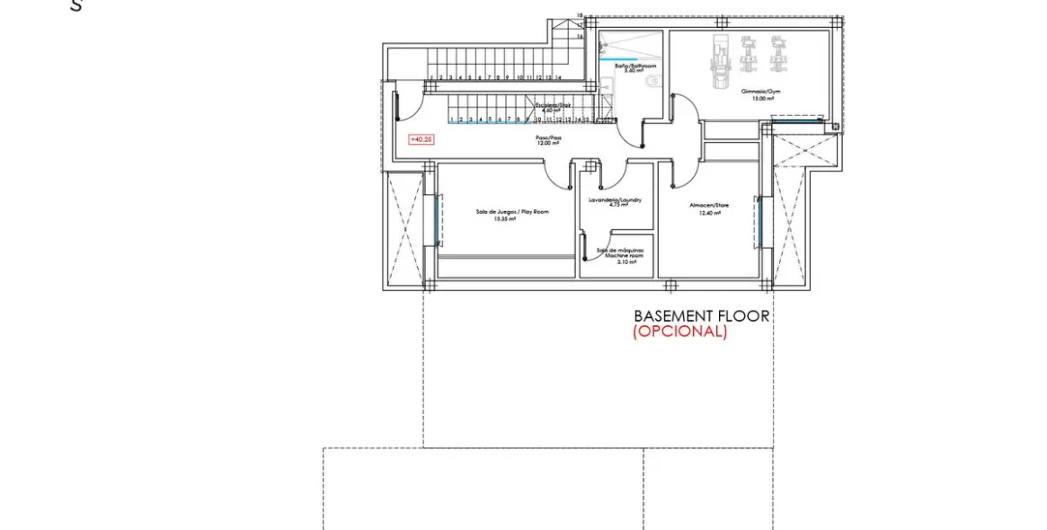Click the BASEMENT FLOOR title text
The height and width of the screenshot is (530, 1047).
point(702,316)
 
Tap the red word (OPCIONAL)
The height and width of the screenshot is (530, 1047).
point(679,331)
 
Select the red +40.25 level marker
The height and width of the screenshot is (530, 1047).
point(421,139)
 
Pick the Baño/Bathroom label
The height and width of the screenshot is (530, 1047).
point(635,66)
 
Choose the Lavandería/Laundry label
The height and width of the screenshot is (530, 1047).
point(615,199)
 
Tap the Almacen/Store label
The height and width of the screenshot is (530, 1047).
point(710,205)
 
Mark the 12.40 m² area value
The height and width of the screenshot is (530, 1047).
point(710,212)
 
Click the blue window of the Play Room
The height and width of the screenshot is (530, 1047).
point(438,221)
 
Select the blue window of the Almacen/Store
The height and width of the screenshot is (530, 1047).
point(759,222)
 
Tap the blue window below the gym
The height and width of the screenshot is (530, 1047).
point(796,116)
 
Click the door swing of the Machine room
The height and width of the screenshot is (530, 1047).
point(585,245)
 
